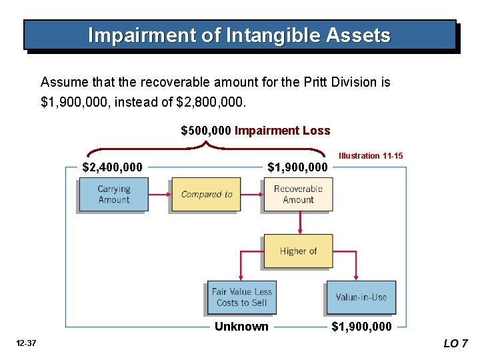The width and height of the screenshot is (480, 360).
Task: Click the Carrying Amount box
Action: [x=113, y=194]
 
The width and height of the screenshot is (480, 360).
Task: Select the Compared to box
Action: [x=206, y=194]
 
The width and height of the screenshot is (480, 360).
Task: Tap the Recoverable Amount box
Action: [x=298, y=194]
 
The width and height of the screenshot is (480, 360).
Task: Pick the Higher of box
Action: [x=298, y=251]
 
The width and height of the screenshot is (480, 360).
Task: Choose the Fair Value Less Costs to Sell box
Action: [x=241, y=297]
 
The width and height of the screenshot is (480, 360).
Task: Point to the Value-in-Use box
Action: [x=361, y=297]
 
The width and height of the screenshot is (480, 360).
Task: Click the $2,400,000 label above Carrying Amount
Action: [x=112, y=167]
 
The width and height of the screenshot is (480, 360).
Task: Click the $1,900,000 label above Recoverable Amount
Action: [x=297, y=167]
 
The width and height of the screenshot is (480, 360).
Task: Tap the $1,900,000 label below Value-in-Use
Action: [x=362, y=326]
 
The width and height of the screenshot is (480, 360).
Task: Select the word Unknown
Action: [x=241, y=326]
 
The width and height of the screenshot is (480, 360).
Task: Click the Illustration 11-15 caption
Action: [x=371, y=155]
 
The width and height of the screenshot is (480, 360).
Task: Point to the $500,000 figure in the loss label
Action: [x=206, y=131]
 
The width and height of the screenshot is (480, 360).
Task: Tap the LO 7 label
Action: [x=456, y=343]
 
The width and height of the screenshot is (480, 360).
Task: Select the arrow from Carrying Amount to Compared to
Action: [x=159, y=194]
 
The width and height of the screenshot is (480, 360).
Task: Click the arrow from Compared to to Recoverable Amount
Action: [x=251, y=194]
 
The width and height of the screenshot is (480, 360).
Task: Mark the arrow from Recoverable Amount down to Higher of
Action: [x=298, y=222]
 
